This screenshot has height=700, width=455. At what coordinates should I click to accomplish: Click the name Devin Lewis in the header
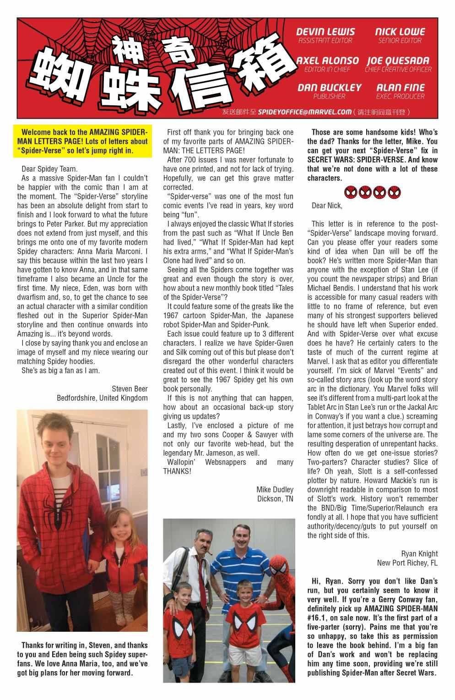pos(325,32)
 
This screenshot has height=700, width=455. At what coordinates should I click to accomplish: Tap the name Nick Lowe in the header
pos(400,32)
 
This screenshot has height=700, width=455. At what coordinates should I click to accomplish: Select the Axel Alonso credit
pos(327,61)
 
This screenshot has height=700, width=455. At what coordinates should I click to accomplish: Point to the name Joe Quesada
pos(398,61)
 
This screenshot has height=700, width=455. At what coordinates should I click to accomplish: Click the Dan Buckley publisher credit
pos(329,87)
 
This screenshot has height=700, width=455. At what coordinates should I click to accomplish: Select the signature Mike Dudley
pos(275,489)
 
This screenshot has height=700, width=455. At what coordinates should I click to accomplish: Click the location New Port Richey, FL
pos(407,563)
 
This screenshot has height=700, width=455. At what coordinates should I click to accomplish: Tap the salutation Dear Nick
pos(326,206)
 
